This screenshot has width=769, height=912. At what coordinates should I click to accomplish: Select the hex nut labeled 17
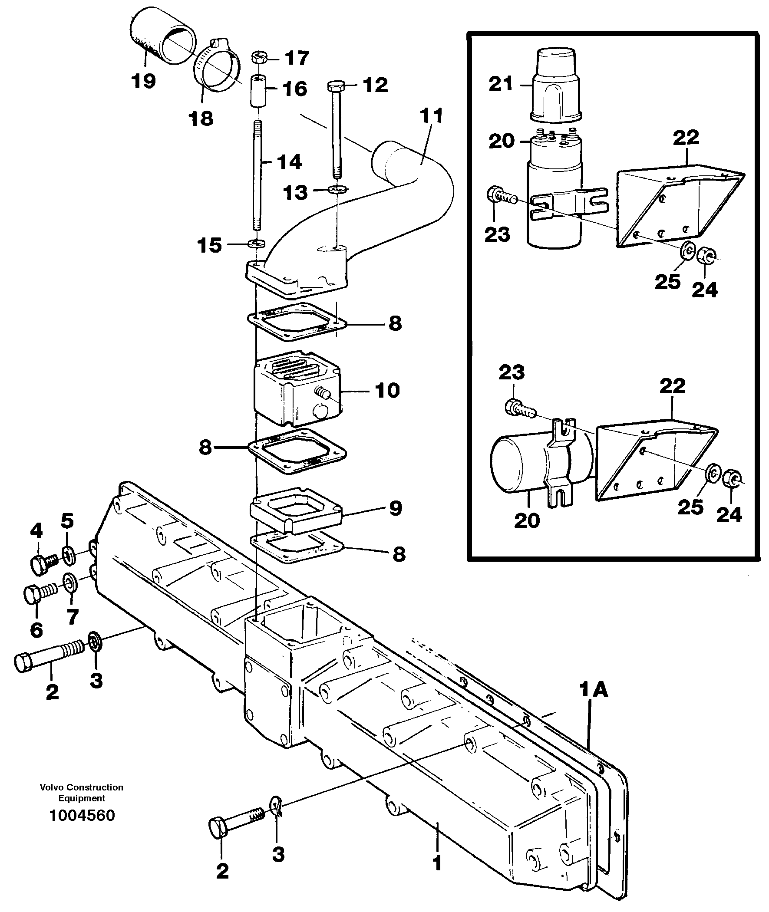[257, 58]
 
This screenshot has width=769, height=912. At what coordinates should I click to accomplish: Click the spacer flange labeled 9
[296, 510]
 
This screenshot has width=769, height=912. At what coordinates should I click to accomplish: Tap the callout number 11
[432, 116]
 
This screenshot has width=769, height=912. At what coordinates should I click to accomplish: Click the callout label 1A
[594, 690]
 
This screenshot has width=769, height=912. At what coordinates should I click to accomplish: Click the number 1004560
[82, 815]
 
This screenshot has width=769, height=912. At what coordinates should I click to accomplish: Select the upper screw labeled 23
[502, 195]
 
